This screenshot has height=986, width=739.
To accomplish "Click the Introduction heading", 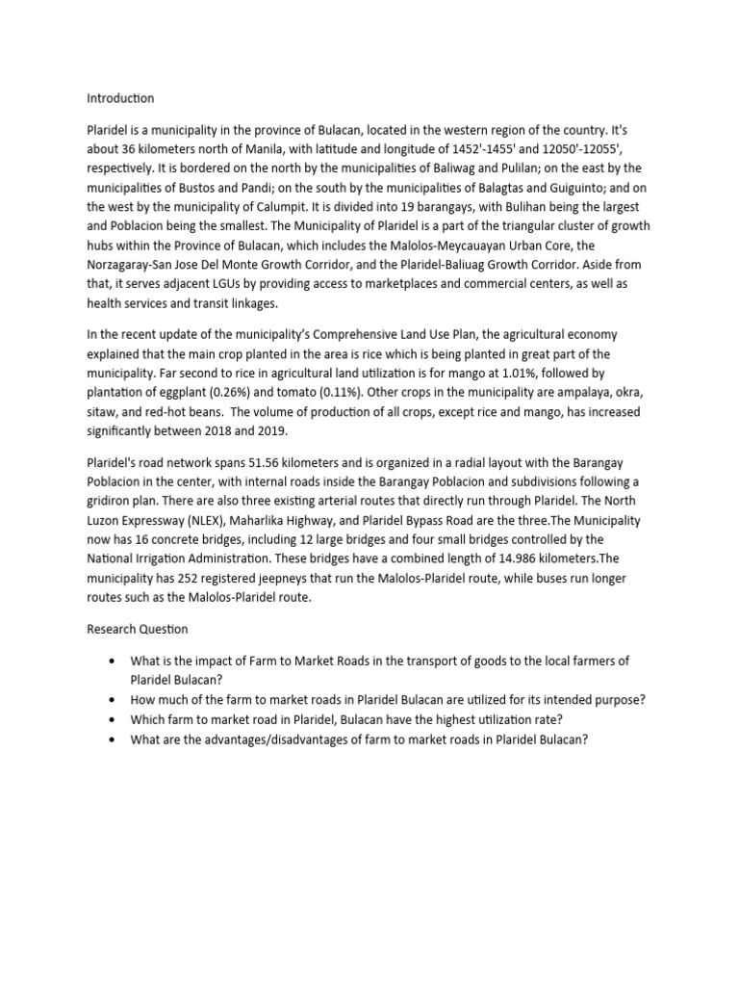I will pos(120,98).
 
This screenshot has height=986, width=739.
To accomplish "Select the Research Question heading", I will pos(138,629).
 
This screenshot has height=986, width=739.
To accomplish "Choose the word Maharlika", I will pos(258,521).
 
